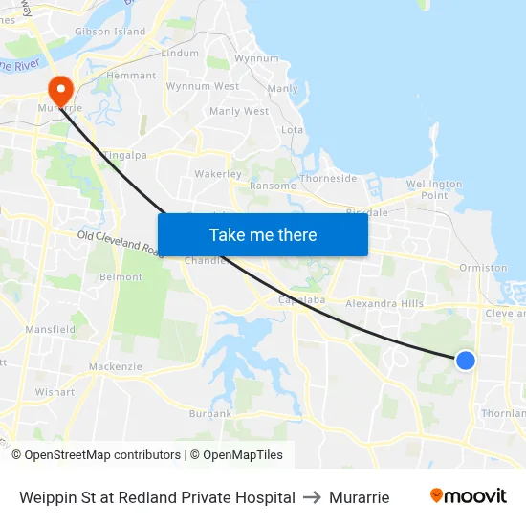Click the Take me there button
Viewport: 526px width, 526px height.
[x=263, y=234]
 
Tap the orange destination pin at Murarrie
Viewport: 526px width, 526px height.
[x=60, y=91]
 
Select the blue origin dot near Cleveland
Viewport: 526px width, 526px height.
[x=466, y=360]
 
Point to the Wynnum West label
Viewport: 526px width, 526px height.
[x=203, y=86]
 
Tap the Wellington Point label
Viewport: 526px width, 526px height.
[x=434, y=189]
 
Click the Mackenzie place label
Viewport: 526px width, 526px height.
[x=115, y=366]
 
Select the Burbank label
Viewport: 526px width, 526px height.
[x=210, y=413]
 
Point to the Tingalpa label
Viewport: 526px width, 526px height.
[x=124, y=154]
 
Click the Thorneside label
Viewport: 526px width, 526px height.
[x=328, y=179]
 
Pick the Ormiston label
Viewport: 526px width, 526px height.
[x=483, y=268]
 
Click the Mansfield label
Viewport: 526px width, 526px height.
[x=52, y=329]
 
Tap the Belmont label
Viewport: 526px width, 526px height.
[x=121, y=277]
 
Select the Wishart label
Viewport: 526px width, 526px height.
[x=55, y=392]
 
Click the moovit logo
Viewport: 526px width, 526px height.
[x=469, y=496]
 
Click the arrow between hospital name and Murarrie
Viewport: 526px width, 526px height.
[x=312, y=497]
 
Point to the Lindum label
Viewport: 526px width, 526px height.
[x=180, y=54]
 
